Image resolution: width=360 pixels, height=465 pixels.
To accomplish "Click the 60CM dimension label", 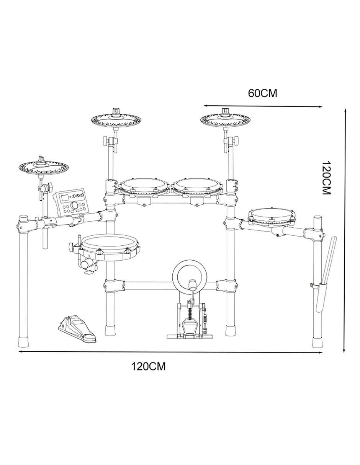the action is (x=262, y=93).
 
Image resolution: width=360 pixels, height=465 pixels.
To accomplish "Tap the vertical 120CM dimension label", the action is (x=327, y=178).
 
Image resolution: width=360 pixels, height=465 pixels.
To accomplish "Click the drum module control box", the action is (x=71, y=202).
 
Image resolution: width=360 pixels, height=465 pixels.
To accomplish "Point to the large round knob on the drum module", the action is (x=74, y=205).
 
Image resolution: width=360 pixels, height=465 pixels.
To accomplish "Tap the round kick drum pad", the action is (x=190, y=274).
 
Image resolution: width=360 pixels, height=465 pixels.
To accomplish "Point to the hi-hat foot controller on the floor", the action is (x=77, y=328).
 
